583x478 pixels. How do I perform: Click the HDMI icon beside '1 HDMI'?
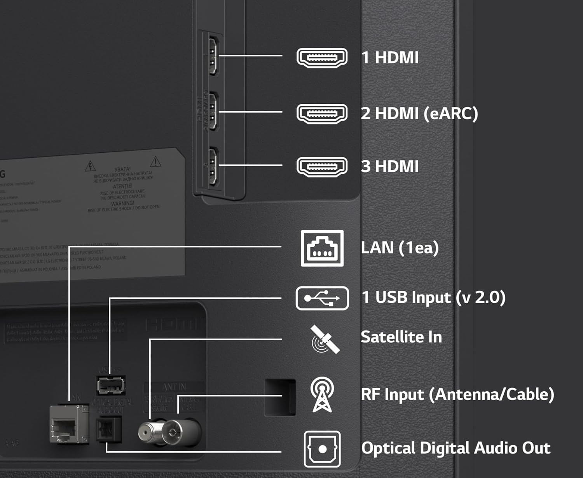322,58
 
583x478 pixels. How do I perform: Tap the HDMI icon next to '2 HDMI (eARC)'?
322,114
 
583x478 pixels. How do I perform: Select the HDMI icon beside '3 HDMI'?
322,167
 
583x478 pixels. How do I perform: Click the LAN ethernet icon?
322,248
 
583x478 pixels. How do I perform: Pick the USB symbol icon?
322,298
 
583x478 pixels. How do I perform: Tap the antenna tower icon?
322,394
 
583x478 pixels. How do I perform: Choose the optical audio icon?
322,449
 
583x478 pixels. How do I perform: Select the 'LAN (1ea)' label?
400,248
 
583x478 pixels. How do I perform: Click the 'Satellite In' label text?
401,337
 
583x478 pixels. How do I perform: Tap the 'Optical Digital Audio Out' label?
456,448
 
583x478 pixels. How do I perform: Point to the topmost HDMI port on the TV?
213,55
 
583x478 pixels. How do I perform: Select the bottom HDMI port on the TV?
213,166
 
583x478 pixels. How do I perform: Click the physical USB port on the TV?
111,385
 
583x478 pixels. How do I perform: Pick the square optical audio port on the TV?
109,429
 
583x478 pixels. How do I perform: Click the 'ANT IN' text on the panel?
174,387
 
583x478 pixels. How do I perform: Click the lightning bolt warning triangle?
90,166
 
